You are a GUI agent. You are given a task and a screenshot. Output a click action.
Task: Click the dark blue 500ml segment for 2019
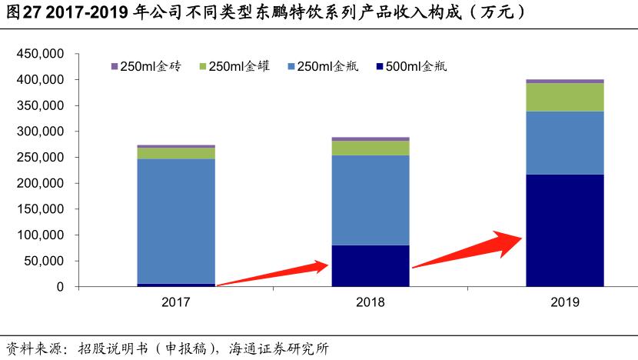564,230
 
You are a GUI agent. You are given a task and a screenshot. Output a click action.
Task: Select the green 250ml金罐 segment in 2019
564,97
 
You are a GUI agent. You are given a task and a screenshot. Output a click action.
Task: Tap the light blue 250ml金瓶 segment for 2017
176,221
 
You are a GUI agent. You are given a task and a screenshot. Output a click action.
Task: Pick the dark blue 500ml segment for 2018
370,265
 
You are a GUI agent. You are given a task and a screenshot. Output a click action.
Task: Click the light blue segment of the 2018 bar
370,200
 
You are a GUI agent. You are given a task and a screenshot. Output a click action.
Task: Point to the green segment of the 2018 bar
370,148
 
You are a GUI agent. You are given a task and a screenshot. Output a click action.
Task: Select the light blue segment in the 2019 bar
564,142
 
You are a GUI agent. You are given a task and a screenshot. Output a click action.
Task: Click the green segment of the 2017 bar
176,153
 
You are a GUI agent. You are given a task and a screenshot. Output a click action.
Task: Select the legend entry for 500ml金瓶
415,67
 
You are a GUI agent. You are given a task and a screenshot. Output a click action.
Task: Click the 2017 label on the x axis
176,302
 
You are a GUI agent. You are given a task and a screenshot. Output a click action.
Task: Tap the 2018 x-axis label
370,302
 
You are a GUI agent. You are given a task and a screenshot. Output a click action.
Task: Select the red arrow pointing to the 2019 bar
469,251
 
